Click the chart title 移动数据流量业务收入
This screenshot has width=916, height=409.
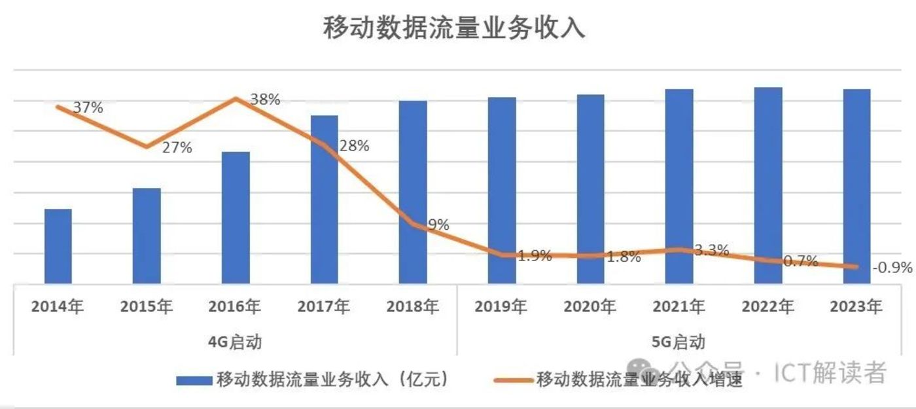454,29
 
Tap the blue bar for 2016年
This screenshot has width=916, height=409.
236,217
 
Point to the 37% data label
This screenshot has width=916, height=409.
88,108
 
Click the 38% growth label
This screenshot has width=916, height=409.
266,99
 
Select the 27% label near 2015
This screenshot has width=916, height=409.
177,148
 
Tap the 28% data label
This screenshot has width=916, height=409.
355,146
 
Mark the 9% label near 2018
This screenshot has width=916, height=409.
438,225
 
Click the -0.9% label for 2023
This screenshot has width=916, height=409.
892,267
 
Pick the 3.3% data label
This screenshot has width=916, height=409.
711,249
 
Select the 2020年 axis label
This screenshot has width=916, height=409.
590,306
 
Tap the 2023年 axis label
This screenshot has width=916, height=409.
856,306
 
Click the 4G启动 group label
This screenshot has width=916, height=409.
236,342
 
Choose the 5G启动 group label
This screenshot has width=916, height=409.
679,342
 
